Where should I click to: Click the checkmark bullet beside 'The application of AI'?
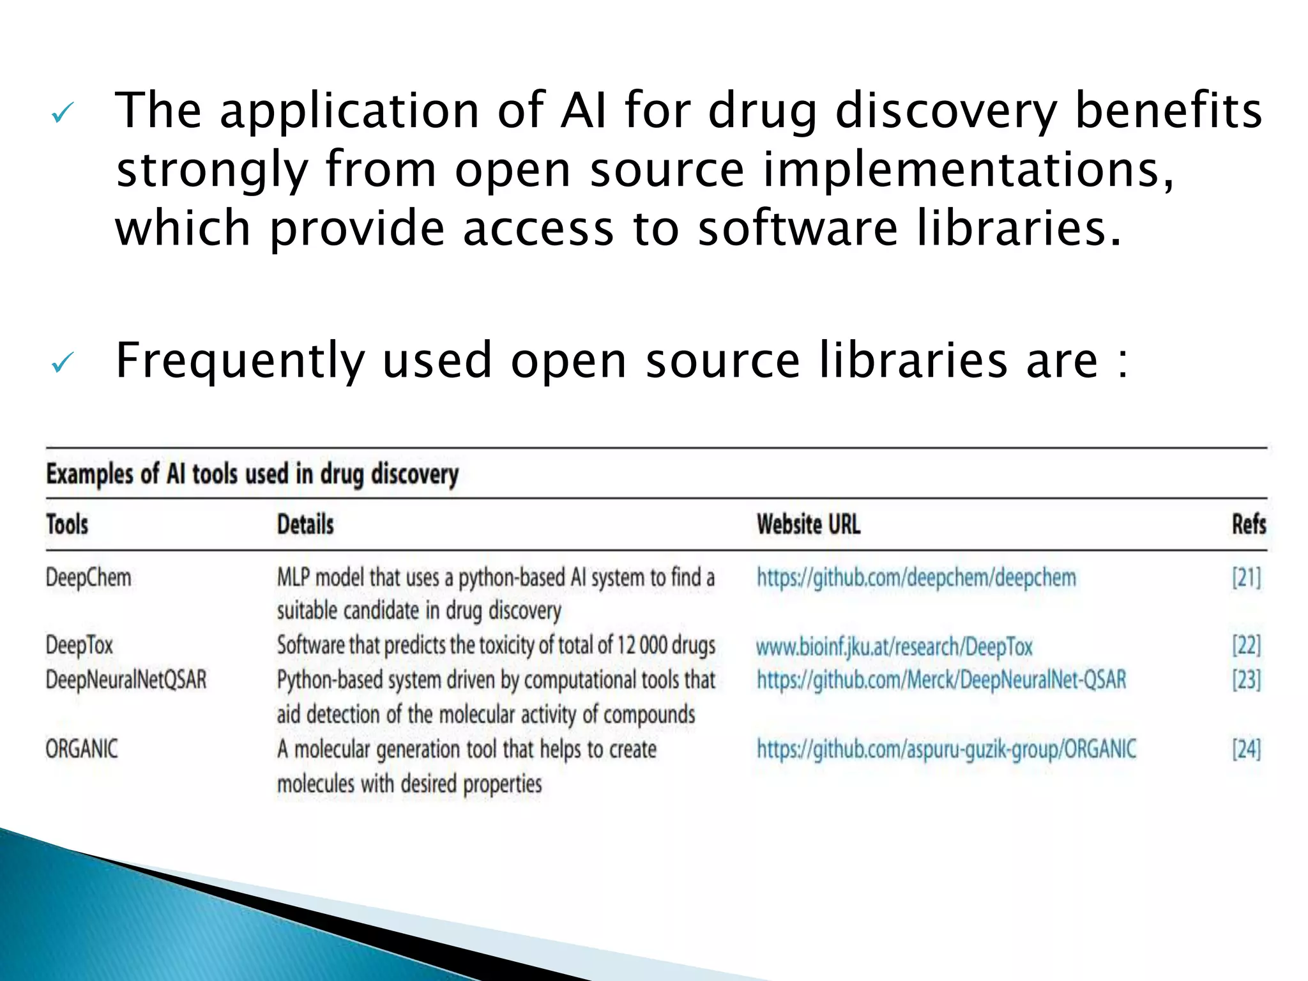click(x=63, y=113)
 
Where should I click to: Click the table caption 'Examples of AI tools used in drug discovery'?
click(x=252, y=475)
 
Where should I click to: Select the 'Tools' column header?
click(x=67, y=524)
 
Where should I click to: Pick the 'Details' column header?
click(x=305, y=524)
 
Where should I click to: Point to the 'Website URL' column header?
click(x=809, y=524)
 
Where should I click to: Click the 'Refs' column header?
click(x=1249, y=524)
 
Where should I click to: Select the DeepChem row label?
click(x=88, y=578)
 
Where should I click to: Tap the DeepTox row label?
click(x=79, y=645)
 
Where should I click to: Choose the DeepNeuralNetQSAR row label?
click(x=126, y=680)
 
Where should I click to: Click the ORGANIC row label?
click(x=82, y=749)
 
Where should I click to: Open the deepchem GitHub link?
click(x=916, y=578)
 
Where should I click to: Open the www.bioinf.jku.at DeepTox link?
click(x=894, y=646)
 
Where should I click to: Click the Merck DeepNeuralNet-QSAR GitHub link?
click(x=941, y=680)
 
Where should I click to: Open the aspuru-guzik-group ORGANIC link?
click(x=947, y=749)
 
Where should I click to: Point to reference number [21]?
click(x=1247, y=578)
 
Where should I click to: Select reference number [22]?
click(x=1247, y=645)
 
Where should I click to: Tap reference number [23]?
click(x=1247, y=680)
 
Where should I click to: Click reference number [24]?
click(x=1247, y=749)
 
